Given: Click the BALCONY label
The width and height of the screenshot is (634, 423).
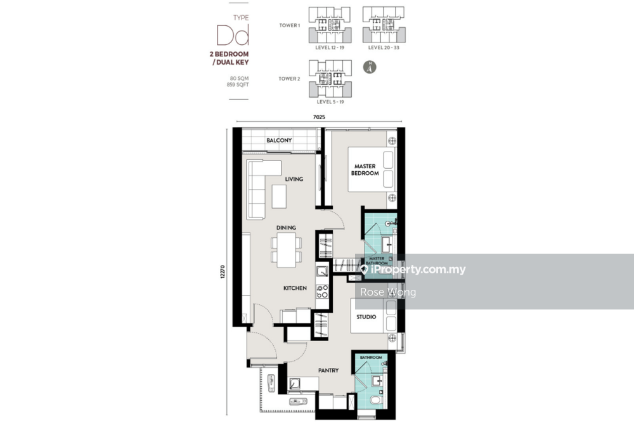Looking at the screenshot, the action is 279,140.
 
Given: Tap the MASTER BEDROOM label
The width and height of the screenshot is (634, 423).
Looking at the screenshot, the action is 365,169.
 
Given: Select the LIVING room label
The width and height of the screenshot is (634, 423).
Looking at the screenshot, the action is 294,179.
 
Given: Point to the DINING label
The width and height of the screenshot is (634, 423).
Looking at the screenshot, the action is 286,228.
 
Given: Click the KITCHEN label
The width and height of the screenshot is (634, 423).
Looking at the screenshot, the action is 295,289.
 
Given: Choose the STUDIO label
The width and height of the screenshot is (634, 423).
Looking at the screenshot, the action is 366,317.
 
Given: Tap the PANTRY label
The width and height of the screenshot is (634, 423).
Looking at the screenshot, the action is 328,370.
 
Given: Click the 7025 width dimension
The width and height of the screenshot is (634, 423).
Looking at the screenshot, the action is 319,117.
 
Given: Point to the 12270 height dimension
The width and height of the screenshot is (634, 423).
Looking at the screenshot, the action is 223,272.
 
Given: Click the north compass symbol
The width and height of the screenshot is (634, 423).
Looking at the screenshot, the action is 370,67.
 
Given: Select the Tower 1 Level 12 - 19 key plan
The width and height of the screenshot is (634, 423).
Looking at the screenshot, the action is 330,25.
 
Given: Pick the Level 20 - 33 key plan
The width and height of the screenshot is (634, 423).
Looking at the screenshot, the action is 384,25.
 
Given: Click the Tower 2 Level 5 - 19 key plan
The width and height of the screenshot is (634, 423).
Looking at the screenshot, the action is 330,79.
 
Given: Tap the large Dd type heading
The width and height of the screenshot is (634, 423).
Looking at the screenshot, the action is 233,35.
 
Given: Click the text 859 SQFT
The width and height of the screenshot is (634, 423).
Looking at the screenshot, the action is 238,85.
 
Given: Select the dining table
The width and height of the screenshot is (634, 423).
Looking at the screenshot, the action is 287,249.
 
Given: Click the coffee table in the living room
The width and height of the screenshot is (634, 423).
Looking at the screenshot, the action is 279,197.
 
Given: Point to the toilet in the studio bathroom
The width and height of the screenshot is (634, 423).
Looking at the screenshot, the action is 377,400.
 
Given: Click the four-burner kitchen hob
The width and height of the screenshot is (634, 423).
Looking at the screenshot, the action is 322,292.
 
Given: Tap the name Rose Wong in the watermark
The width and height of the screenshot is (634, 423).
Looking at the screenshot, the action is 388,292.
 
